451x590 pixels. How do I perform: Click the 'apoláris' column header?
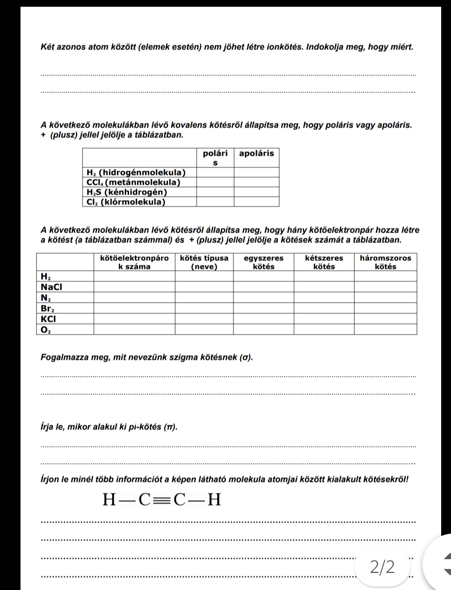256,153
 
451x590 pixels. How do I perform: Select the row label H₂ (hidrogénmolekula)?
136,172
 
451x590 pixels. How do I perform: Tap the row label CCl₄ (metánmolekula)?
133,182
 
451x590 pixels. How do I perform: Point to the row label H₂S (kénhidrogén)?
126,192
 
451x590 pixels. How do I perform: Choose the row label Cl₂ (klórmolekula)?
126,202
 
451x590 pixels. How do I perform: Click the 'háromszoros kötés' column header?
386,262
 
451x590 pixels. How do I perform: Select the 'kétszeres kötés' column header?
324,262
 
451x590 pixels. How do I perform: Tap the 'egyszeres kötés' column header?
263,262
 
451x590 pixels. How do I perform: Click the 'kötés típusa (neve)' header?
204,262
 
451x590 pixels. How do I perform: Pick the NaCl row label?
51,287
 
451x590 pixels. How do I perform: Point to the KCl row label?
48,319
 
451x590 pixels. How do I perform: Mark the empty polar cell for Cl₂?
215,202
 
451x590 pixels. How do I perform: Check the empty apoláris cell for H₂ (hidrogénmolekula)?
256,172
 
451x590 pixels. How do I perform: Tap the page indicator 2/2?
383,567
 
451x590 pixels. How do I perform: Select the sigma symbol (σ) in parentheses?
245,357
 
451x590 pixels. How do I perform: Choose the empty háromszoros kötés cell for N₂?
386,298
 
